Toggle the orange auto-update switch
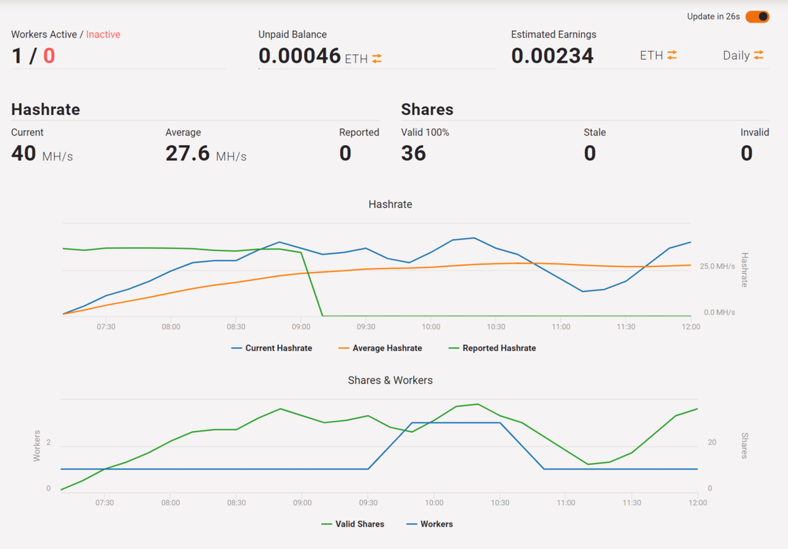[757, 16]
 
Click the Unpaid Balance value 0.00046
[299, 56]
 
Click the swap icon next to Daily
[758, 55]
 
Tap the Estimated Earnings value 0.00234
[552, 56]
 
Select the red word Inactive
[103, 34]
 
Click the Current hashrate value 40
[24, 153]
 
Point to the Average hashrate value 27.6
[187, 153]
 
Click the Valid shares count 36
[414, 153]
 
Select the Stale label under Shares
[594, 132]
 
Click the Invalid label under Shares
[755, 132]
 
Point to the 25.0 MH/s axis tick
[717, 267]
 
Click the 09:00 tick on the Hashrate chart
[301, 326]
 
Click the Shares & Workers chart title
[390, 380]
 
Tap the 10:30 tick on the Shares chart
[499, 502]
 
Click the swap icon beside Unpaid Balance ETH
[377, 58]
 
